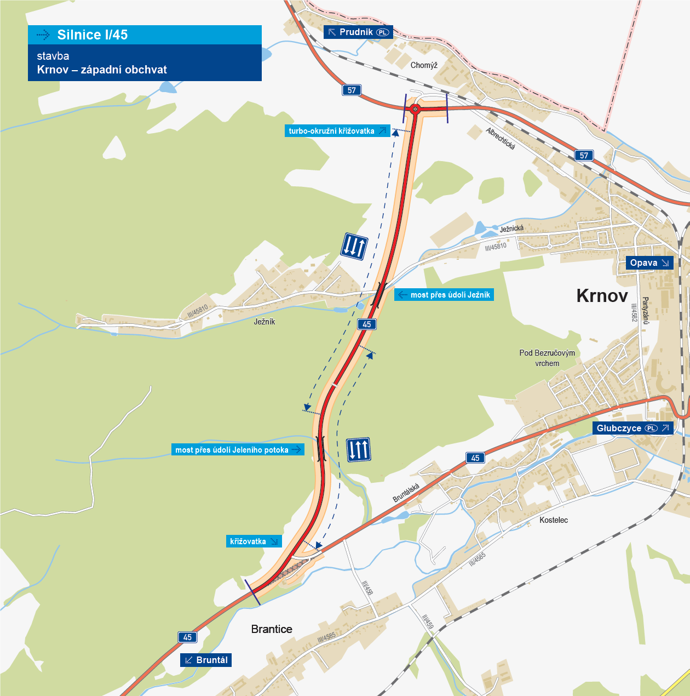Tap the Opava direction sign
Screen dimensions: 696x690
(x=649, y=263)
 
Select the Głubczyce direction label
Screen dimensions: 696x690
(x=633, y=428)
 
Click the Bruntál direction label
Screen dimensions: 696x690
(x=206, y=660)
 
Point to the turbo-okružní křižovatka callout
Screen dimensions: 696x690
(x=337, y=131)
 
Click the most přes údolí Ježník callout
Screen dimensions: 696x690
(x=444, y=295)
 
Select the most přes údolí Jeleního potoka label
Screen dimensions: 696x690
(x=238, y=450)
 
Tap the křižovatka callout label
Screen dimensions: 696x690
(x=254, y=541)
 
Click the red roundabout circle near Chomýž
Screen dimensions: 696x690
(x=415, y=110)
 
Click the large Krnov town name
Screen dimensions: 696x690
(x=602, y=296)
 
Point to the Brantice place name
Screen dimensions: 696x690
(x=272, y=629)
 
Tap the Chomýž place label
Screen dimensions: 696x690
(x=424, y=65)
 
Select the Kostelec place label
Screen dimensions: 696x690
(x=554, y=520)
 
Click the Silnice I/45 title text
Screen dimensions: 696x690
(x=92, y=35)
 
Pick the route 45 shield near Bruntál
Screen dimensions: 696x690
(x=187, y=637)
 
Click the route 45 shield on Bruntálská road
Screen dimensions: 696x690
(x=475, y=458)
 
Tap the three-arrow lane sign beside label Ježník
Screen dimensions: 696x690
(x=354, y=246)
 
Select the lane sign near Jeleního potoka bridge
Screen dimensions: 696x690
(x=359, y=449)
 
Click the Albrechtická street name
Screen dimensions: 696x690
(x=501, y=138)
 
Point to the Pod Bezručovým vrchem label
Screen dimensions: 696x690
(x=547, y=358)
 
